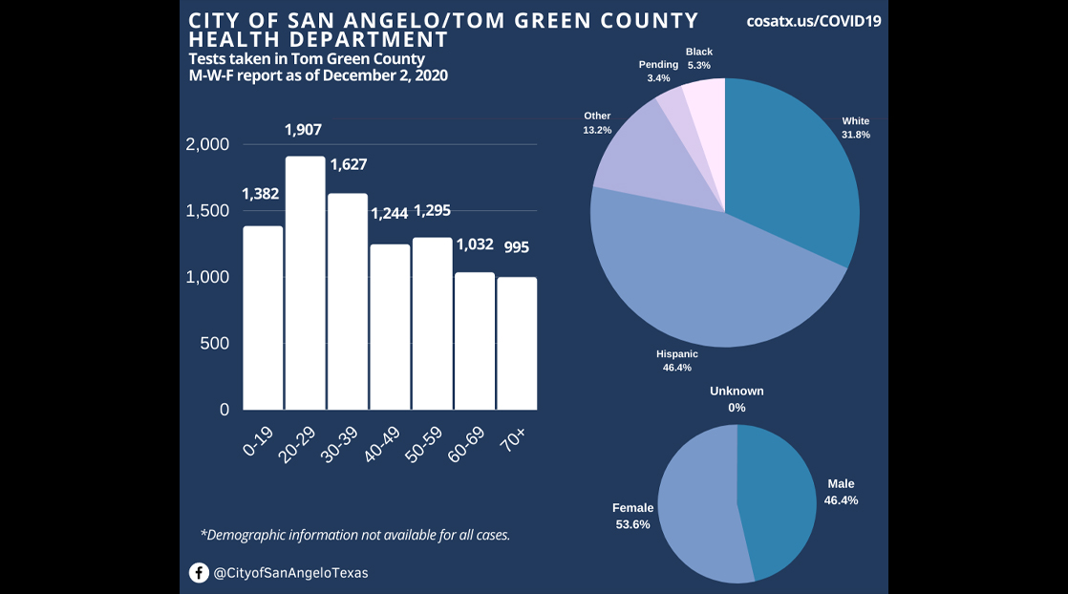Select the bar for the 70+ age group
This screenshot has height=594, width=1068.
[516, 343]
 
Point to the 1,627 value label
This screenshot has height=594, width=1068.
[349, 165]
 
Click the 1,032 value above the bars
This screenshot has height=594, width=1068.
[474, 244]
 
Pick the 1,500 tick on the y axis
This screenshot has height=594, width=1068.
[207, 211]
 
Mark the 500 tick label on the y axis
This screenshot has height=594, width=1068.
[216, 343]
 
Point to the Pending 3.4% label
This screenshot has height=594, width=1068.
[658, 71]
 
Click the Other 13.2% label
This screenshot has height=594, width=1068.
[597, 122]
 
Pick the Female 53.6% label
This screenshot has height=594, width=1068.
[633, 517]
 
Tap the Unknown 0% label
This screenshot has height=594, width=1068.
[737, 399]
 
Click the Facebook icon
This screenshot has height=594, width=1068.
[199, 573]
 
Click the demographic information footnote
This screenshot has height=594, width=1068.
[355, 535]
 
